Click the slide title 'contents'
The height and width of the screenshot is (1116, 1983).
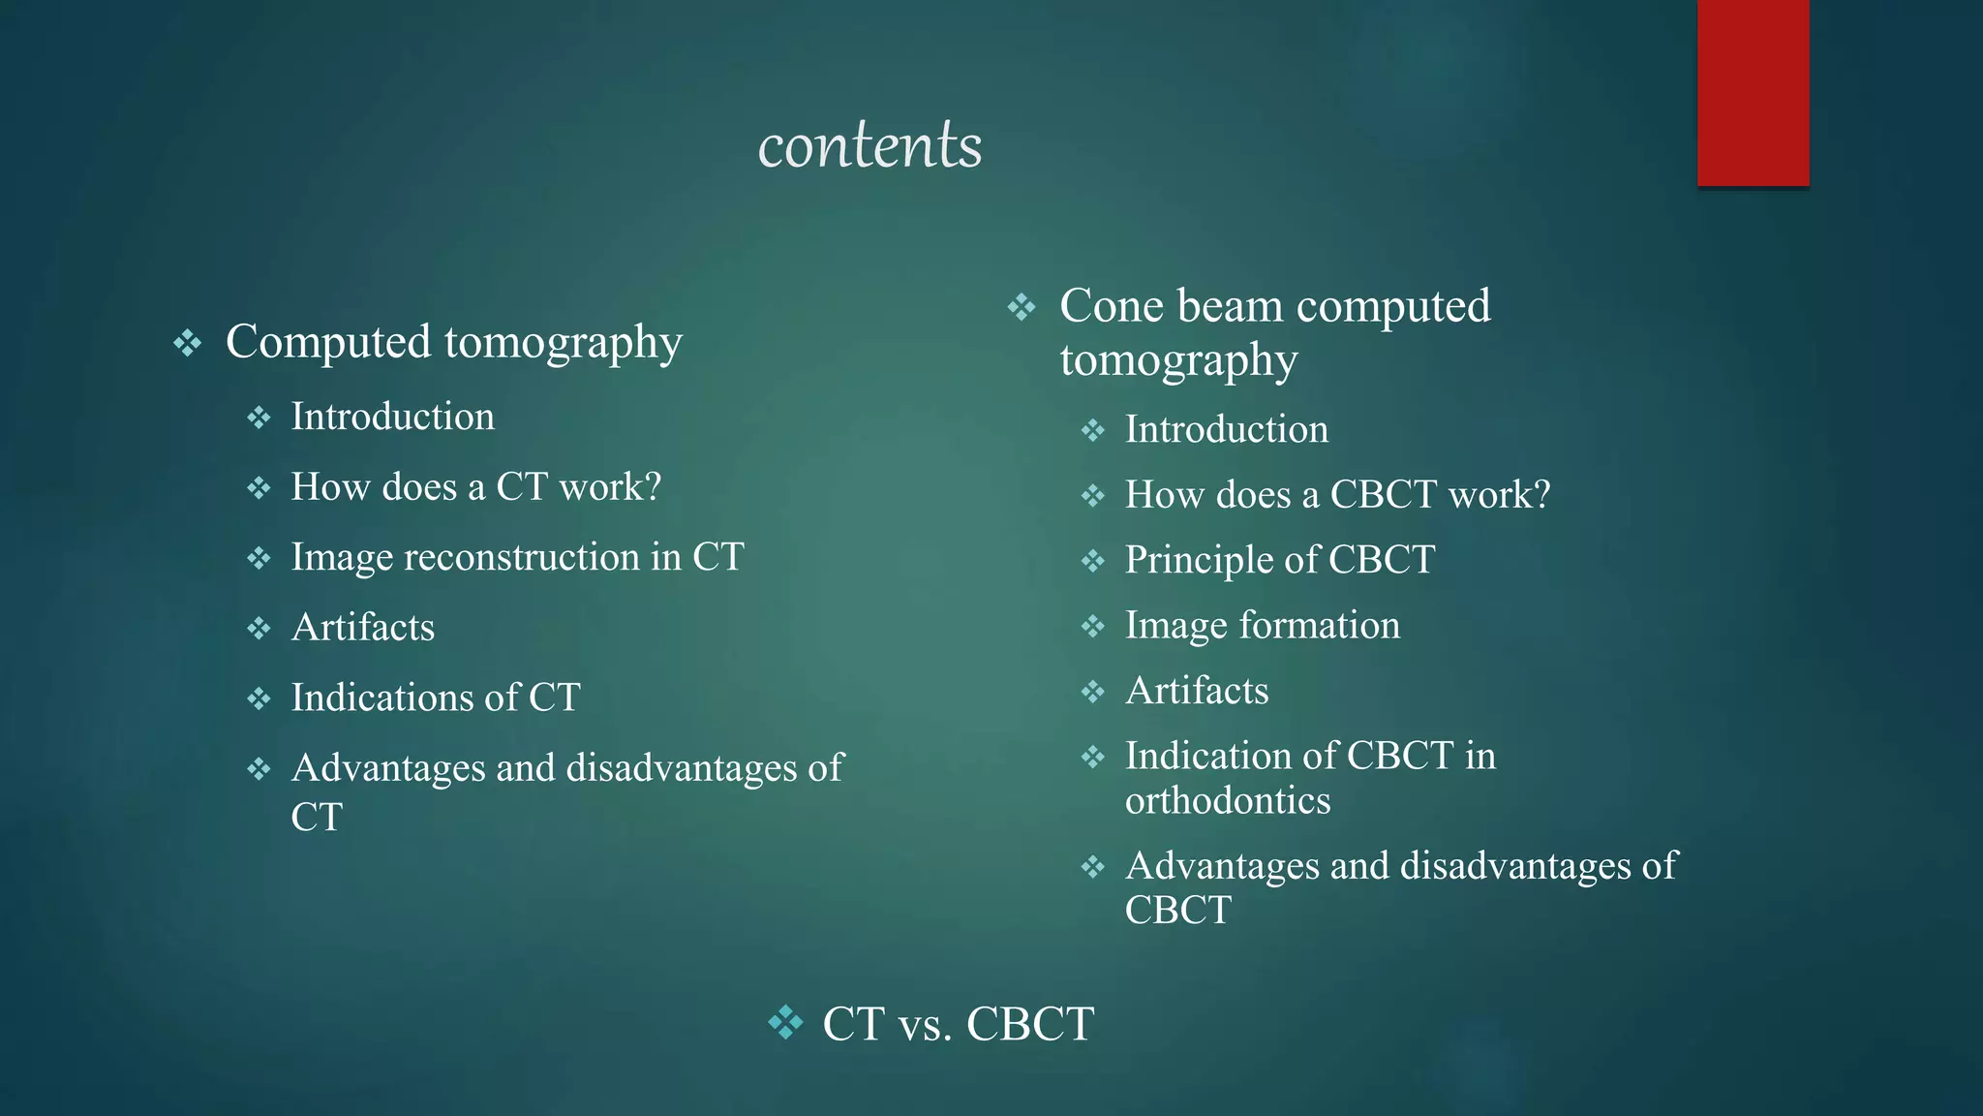click(869, 145)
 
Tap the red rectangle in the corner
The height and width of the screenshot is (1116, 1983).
click(1753, 92)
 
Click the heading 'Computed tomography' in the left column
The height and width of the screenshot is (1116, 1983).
click(453, 342)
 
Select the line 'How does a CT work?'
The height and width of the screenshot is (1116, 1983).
click(475, 486)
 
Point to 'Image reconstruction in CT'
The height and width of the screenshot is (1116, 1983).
click(517, 557)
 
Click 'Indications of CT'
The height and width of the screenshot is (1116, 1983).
click(436, 697)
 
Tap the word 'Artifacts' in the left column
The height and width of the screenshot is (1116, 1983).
click(363, 628)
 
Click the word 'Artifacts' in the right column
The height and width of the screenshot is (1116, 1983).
click(1197, 691)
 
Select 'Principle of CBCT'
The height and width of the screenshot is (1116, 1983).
click(1279, 560)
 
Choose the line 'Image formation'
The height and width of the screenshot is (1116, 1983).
click(1263, 625)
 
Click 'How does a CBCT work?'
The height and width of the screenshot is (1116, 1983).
click(1337, 495)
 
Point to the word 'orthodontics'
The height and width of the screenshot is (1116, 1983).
click(1228, 801)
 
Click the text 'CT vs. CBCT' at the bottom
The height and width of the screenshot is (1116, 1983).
click(958, 1024)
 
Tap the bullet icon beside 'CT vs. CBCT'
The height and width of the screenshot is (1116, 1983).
click(785, 1022)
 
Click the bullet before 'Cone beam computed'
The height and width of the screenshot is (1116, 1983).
click(1022, 308)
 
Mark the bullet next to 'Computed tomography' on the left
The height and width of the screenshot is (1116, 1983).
click(187, 343)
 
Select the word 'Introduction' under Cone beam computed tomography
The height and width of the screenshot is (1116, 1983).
click(1227, 429)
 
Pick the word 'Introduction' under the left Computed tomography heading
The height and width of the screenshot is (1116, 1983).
click(393, 417)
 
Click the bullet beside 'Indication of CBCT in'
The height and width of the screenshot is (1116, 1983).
click(1093, 757)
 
